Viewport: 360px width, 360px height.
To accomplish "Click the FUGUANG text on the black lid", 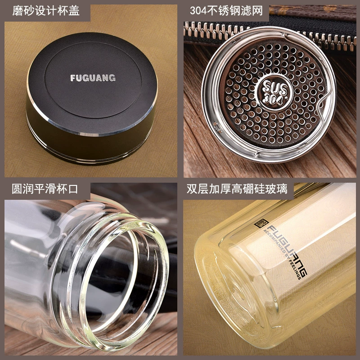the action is (x=93, y=78).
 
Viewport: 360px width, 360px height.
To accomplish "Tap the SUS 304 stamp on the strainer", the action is (x=275, y=92).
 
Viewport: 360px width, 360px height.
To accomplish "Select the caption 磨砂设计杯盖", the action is (x=46, y=11).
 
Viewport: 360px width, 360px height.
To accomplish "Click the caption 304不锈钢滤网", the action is (x=226, y=11).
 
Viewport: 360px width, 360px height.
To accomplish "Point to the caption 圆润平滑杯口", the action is (x=45, y=189).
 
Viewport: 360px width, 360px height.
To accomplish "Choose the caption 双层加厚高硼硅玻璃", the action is (x=237, y=189).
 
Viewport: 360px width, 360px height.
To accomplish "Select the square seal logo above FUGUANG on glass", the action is (x=261, y=223).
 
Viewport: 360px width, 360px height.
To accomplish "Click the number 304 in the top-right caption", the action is (x=198, y=11).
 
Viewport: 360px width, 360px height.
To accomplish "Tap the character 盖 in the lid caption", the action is (x=74, y=11).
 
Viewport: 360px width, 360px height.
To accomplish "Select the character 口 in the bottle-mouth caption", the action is (x=73, y=189).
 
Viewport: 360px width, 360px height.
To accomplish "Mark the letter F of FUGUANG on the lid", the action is (x=72, y=78).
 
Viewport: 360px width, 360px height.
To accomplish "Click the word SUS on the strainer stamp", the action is (x=275, y=87).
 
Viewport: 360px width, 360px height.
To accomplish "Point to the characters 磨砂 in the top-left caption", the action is (x=23, y=11).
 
